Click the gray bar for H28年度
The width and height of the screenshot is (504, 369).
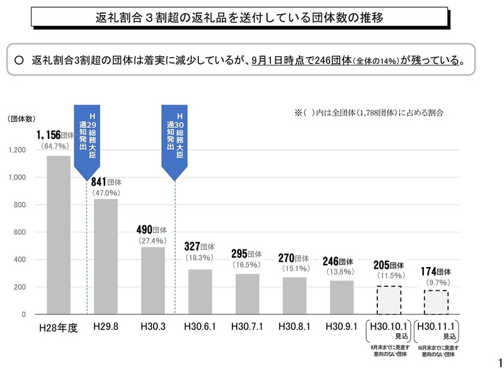tap(59, 235)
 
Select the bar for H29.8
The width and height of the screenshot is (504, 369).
tap(106, 256)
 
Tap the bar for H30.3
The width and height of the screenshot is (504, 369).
tap(153, 280)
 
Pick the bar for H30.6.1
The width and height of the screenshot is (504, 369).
tap(200, 292)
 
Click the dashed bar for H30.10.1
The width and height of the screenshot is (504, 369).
tap(389, 300)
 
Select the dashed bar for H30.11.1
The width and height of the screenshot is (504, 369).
tap(436, 302)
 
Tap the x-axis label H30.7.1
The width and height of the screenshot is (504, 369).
tap(248, 327)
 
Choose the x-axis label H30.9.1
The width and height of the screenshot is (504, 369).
tap(342, 327)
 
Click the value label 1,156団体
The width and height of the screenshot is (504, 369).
tap(58, 135)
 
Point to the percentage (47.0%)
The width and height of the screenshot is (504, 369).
tap(106, 193)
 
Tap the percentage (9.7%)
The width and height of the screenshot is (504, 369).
tap(436, 283)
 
